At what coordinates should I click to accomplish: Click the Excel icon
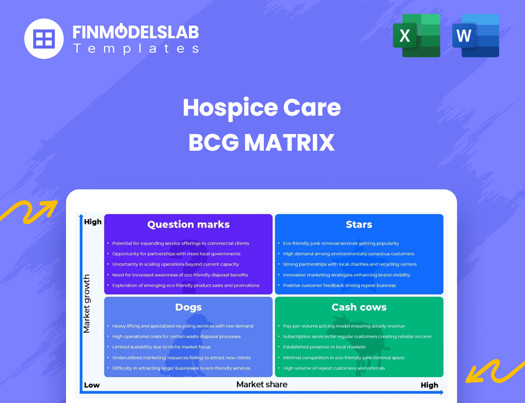416,35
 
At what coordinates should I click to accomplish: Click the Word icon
476,35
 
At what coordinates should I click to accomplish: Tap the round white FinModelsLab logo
44,39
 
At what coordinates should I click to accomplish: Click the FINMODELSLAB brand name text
136,32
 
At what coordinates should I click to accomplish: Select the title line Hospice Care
262,107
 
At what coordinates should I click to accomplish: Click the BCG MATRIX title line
262,142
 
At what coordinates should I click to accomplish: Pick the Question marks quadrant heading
188,225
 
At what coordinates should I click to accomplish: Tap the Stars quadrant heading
359,225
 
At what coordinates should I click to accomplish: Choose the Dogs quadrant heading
188,307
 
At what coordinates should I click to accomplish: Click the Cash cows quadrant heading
359,307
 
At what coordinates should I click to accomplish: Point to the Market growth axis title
87,304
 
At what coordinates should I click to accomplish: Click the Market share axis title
262,385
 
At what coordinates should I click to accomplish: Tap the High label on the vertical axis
93,222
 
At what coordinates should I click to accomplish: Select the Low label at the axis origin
91,385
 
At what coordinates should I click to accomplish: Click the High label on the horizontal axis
429,385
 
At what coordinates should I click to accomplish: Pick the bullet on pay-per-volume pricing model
343,326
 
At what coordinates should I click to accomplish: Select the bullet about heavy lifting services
182,326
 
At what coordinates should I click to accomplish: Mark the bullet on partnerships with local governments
176,254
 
